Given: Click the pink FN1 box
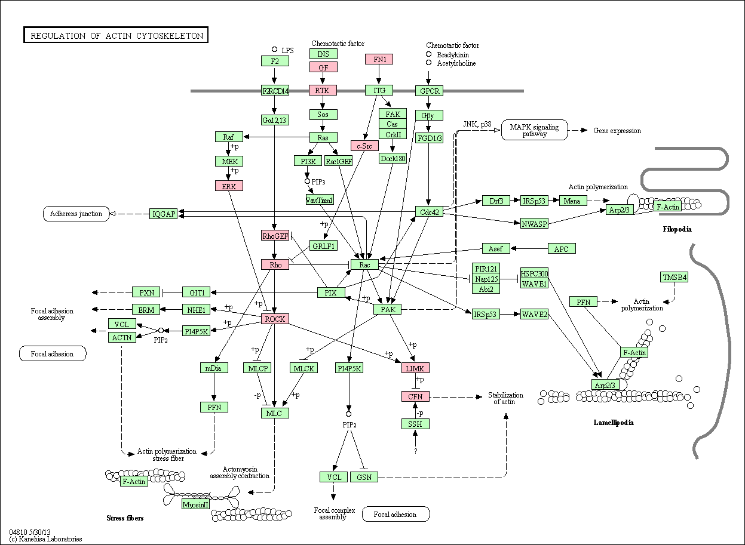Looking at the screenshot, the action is click(x=379, y=59).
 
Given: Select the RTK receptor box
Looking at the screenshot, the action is click(x=322, y=90).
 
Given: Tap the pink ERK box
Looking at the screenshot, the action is click(x=229, y=186).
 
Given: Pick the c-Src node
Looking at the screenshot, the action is click(x=364, y=146).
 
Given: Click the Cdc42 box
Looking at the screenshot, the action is click(x=429, y=212).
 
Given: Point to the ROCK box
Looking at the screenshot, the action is click(x=275, y=319).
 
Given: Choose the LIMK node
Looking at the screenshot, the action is click(x=415, y=368).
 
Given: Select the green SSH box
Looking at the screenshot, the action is click(x=415, y=424).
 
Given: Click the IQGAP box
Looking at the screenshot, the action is click(x=163, y=214).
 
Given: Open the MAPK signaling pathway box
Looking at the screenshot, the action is click(x=535, y=130).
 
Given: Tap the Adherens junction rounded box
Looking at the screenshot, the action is click(x=76, y=214).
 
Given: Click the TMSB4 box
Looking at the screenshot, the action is click(x=674, y=277).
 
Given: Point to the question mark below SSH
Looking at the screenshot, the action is click(x=415, y=451).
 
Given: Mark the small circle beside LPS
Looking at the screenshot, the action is click(x=274, y=49).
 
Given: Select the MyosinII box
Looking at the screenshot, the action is click(x=195, y=504).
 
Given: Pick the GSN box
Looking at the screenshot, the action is click(x=364, y=477).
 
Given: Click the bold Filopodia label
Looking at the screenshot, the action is click(x=677, y=229).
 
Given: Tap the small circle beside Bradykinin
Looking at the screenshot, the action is click(x=429, y=54).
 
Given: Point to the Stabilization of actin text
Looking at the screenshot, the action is click(x=505, y=398).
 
